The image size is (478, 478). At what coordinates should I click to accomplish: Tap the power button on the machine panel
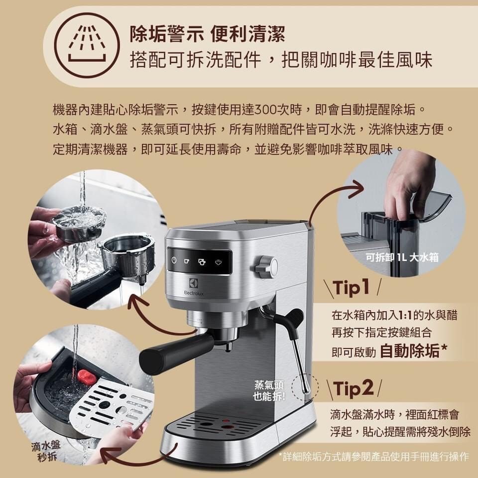174,260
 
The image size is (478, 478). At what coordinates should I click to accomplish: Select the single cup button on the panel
187,261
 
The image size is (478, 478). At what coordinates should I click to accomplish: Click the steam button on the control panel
218,262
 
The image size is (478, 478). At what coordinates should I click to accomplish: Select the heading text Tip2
354,388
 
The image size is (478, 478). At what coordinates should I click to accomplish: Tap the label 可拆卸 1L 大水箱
402,257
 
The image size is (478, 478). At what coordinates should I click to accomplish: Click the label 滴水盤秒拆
46,451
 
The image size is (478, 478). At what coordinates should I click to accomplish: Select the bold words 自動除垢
410,351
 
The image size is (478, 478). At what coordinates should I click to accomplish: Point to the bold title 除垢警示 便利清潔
208,34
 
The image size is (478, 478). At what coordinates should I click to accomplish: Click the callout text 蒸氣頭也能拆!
268,391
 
